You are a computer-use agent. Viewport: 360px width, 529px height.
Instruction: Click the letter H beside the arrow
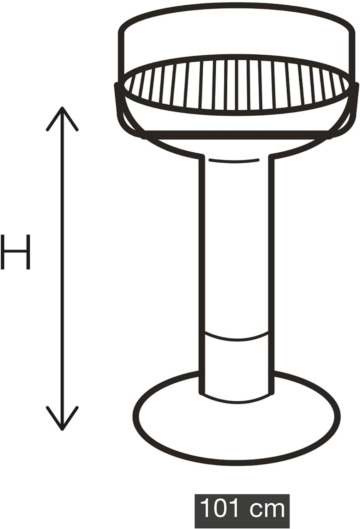[x=16, y=252]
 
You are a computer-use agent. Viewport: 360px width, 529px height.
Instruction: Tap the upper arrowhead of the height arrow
[x=62, y=118]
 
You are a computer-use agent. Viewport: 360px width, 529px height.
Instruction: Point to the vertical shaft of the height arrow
[x=62, y=268]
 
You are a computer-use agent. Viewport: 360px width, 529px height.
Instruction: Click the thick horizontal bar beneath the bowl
[x=236, y=135]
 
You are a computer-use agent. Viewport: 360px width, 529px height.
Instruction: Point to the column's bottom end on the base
[x=236, y=397]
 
